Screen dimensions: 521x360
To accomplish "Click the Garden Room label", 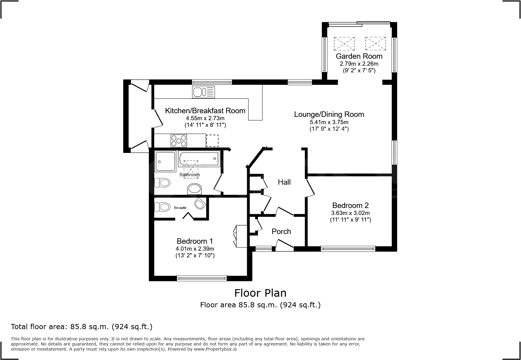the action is (x=359, y=56).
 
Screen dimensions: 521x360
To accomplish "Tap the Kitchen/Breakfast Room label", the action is (x=205, y=111).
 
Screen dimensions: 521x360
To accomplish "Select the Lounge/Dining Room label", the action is (x=329, y=114).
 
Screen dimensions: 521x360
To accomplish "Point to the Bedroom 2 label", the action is (x=350, y=205).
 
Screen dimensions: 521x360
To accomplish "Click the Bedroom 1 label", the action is (x=195, y=241).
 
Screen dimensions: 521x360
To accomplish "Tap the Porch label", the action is (x=281, y=231).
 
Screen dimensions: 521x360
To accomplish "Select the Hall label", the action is (x=284, y=182).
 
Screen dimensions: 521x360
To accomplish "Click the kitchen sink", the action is (x=203, y=92).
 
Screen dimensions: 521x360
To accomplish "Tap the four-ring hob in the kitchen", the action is (x=179, y=140).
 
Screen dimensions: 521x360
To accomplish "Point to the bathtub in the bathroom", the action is (x=199, y=159).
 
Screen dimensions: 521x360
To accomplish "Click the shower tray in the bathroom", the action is (x=165, y=162).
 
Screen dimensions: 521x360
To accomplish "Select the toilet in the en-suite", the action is (x=162, y=207).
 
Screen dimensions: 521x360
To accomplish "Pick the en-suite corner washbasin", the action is (x=200, y=203).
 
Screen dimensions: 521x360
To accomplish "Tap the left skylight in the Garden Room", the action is (x=344, y=44).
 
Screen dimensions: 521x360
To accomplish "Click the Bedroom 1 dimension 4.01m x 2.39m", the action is (x=195, y=249).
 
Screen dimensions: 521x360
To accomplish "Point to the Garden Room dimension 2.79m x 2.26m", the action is (x=359, y=64).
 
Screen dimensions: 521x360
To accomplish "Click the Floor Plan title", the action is (x=260, y=293).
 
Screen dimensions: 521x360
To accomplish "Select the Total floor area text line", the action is (x=82, y=327).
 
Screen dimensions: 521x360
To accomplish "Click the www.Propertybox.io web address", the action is (x=215, y=349).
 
